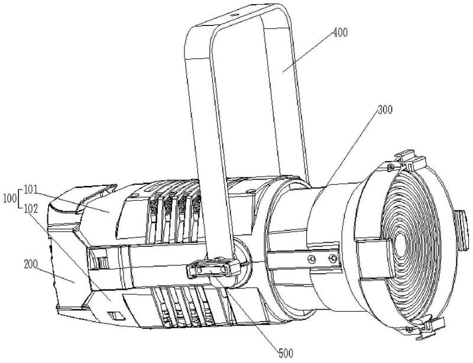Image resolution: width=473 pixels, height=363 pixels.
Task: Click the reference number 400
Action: (x=341, y=32)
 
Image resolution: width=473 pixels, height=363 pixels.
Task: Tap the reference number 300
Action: (x=385, y=110)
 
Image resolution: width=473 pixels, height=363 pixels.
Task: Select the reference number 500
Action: (x=286, y=353)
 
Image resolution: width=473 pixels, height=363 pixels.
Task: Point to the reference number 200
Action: (x=31, y=264)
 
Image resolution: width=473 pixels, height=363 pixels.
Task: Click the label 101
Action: (x=31, y=190)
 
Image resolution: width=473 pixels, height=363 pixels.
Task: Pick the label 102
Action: (x=31, y=209)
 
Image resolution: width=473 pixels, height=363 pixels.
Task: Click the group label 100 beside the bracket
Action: (x=10, y=199)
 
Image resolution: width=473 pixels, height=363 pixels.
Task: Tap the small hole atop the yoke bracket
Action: (x=234, y=14)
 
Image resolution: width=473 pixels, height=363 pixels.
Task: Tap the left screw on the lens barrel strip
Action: (x=312, y=259)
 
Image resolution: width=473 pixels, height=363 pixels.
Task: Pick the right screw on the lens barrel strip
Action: (x=333, y=258)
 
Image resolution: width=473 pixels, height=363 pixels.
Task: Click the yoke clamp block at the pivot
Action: (x=213, y=268)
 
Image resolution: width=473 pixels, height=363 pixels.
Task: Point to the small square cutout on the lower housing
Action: (x=116, y=316)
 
